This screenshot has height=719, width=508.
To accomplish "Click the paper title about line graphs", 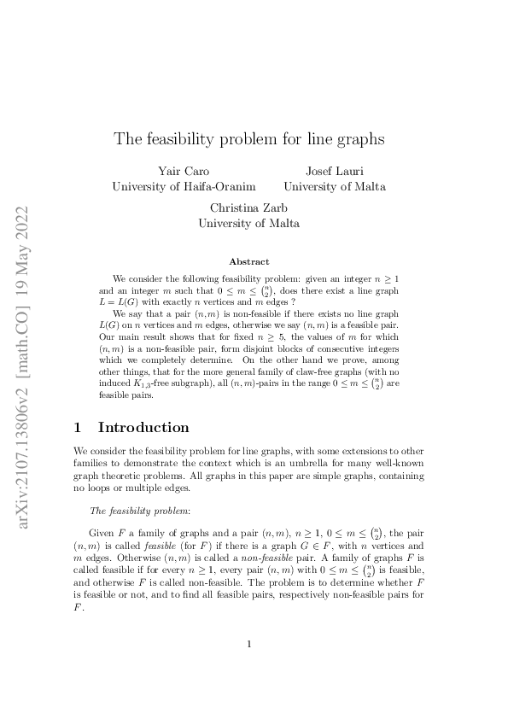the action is [249, 137].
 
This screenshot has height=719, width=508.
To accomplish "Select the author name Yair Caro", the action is [184, 171].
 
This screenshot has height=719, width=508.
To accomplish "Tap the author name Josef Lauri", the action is [334, 171].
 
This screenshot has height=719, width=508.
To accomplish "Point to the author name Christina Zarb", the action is [248, 208].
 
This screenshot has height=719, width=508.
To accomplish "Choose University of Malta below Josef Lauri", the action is [334, 186].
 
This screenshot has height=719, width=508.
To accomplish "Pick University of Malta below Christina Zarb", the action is [248, 223].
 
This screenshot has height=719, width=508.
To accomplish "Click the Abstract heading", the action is [249, 261].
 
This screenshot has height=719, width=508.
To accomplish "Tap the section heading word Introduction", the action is [143, 427].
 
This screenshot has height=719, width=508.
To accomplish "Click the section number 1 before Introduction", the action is [79, 427].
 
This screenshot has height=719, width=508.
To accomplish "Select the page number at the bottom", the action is [248, 644].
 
